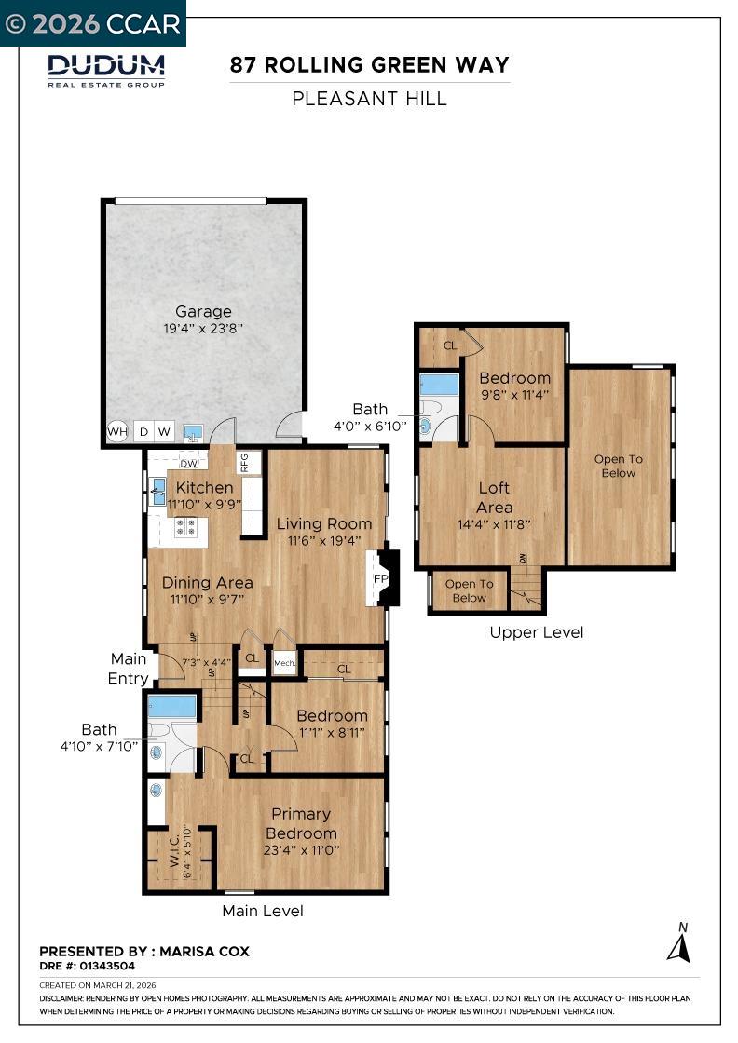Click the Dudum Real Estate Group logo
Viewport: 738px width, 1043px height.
106,71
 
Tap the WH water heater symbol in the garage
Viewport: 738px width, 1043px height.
117,432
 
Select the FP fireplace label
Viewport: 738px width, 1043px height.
380,578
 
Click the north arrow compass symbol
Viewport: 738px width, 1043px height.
678,942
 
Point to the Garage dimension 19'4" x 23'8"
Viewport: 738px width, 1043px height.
203,328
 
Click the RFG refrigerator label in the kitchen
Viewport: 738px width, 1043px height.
244,462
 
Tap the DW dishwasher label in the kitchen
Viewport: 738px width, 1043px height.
189,464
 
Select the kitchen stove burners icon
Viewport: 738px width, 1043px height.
185,527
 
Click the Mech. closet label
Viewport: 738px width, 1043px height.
284,663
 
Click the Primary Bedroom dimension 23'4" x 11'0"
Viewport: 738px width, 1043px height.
302,850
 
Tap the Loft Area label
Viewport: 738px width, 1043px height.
495,497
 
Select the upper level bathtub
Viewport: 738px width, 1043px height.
439,385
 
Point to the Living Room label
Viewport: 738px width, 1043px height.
324,523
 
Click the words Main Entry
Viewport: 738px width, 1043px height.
129,669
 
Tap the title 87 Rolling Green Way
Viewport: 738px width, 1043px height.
369,65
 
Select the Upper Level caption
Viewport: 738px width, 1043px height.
537,632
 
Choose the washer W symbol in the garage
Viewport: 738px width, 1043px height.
164,432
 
